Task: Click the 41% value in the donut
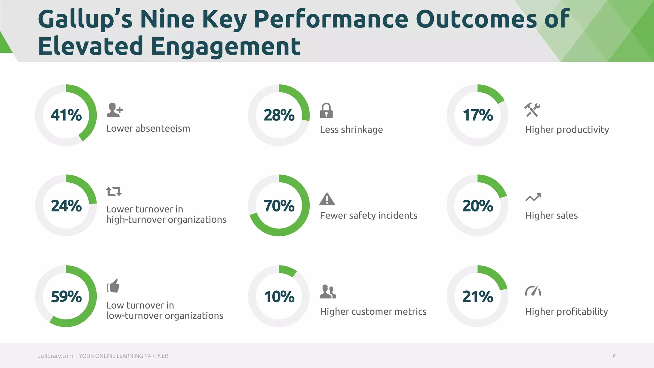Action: coord(66,115)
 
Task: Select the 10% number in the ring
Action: coord(279,296)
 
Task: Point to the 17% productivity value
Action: coord(478,115)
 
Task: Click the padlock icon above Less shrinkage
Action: coord(326,111)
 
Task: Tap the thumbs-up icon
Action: coord(113,285)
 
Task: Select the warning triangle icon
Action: coord(327,199)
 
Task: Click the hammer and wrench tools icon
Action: coord(532,110)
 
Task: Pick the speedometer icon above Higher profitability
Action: coord(533,291)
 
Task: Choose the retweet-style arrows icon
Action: coord(114,191)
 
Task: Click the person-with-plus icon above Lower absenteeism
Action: coord(114,110)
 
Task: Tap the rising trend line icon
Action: coord(533,197)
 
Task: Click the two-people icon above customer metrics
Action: coord(328,291)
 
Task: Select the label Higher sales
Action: coord(551,216)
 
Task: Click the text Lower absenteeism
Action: coord(148,128)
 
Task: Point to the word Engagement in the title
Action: coord(225,46)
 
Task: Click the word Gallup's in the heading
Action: coord(85,19)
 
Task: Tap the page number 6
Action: coord(614,356)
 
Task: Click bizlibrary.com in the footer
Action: coord(55,356)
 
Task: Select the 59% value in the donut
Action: coord(66,296)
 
